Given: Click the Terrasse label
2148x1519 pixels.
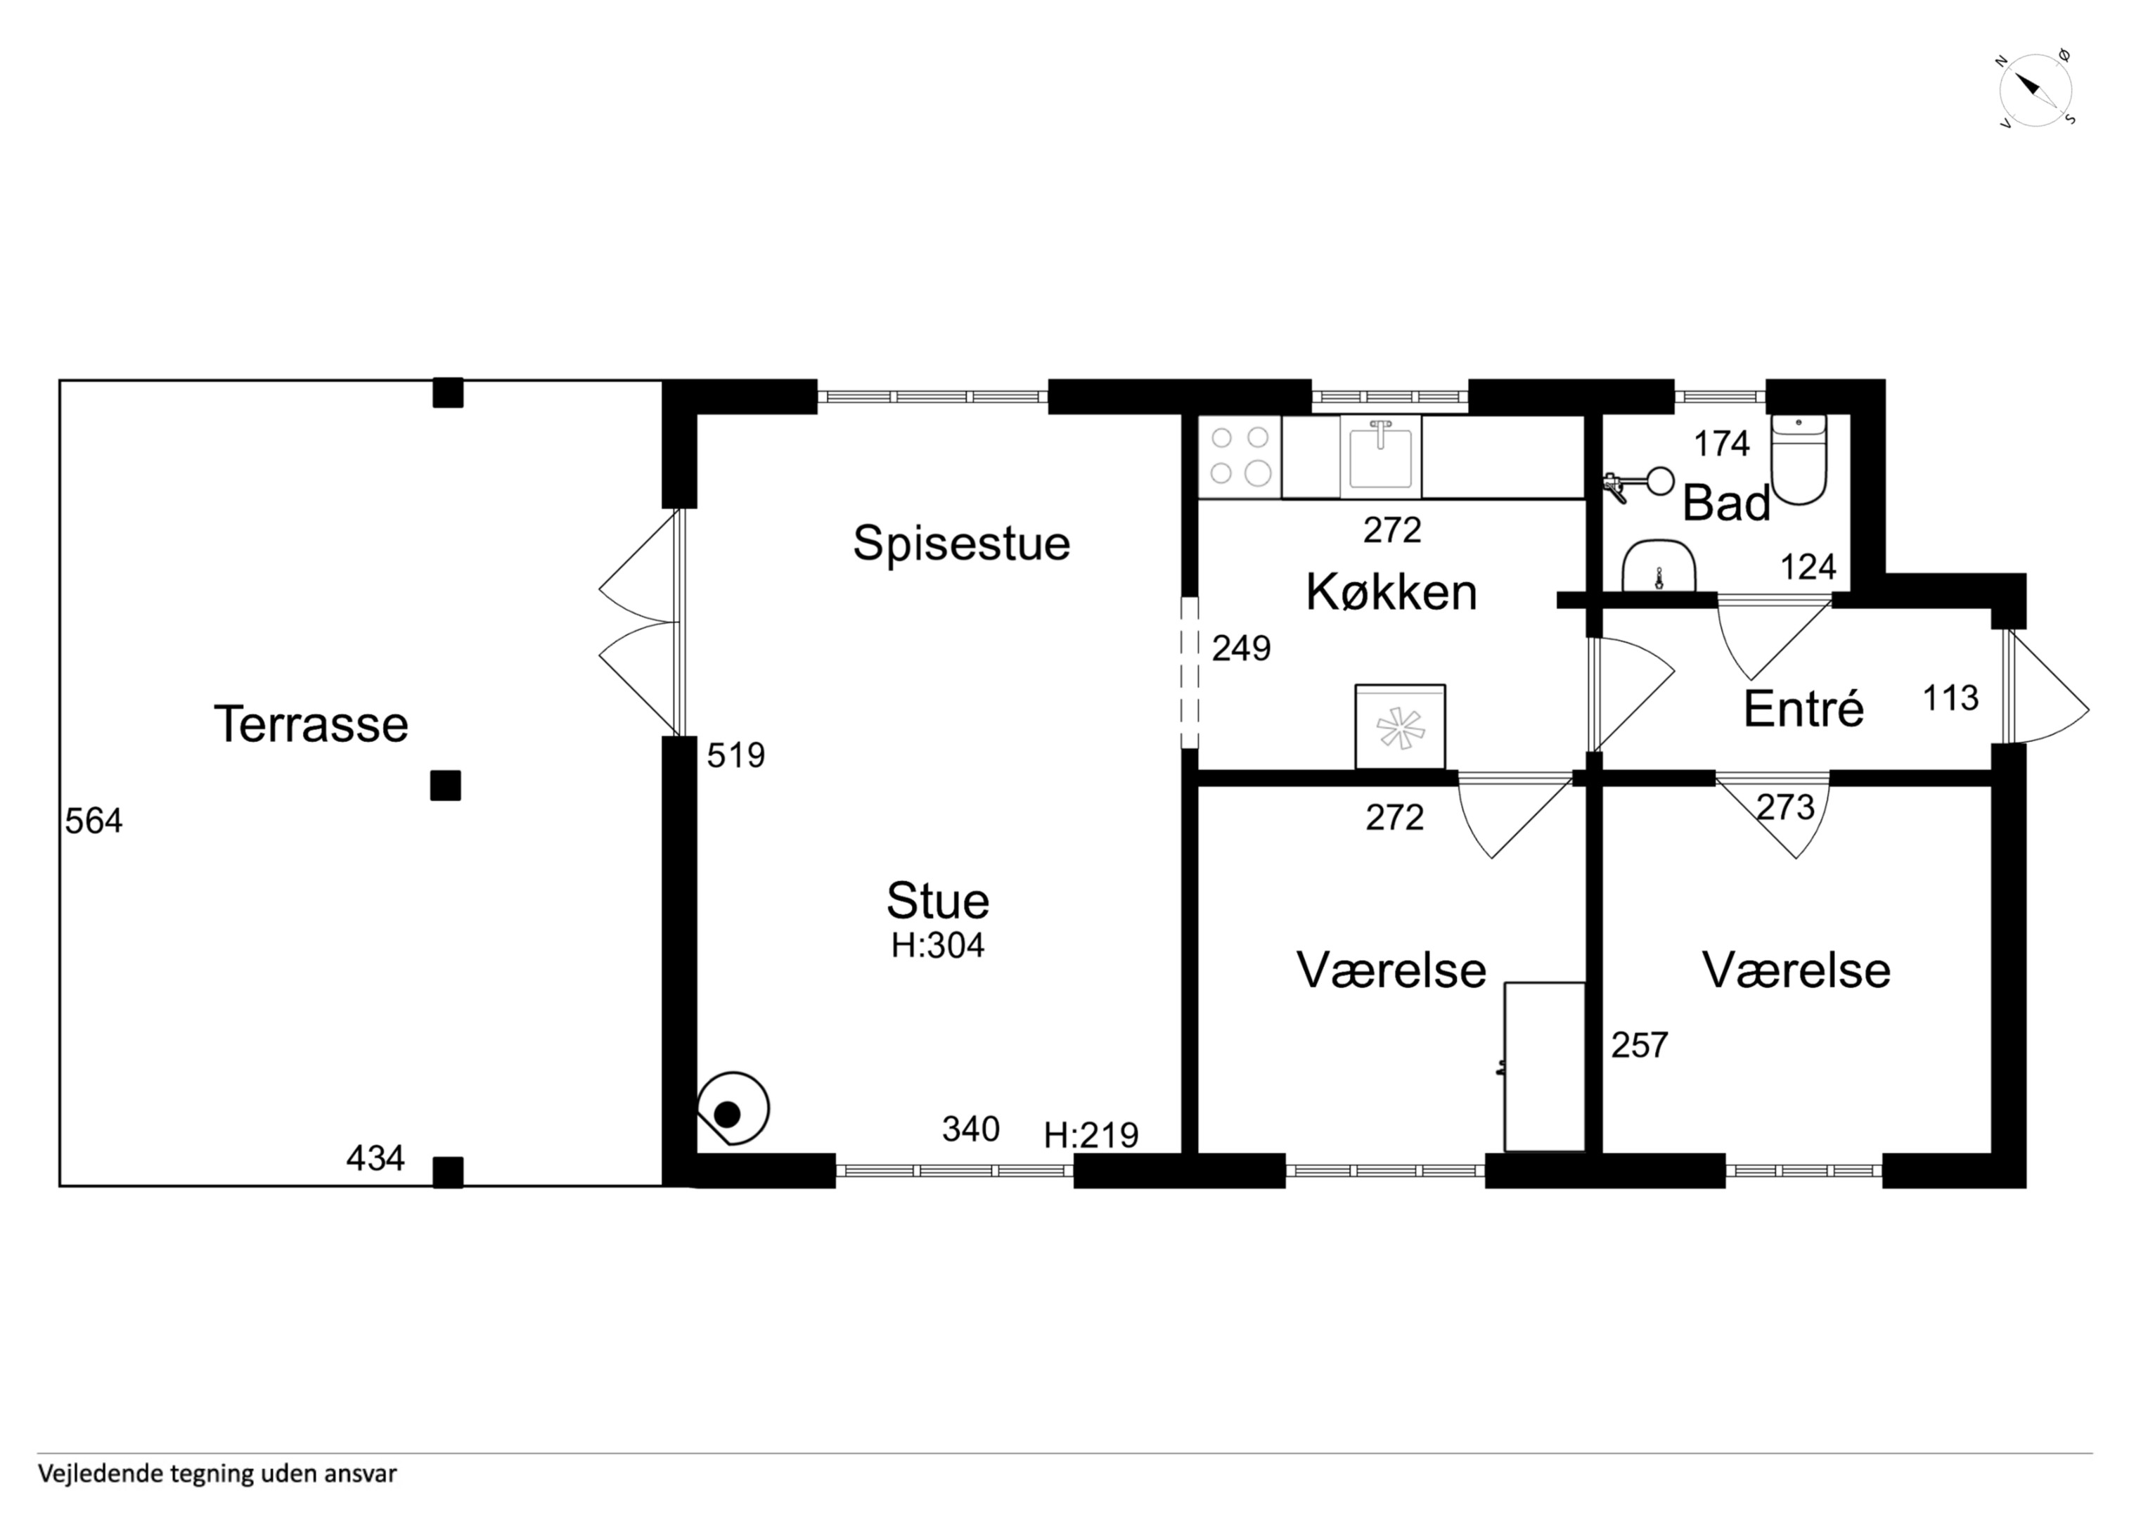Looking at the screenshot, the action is point(311,724).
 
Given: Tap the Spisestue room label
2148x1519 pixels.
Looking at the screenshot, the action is point(962,544).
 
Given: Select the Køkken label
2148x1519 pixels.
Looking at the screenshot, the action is point(1391,592).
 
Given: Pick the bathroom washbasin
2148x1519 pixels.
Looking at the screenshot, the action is point(1659,565).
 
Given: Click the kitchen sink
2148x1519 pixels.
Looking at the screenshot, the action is point(1380,456).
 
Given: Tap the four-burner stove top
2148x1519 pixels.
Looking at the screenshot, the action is point(1240,456).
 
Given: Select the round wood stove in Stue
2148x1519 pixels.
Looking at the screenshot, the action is point(732,1108).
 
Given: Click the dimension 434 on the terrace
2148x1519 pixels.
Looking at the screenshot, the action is point(375,1159).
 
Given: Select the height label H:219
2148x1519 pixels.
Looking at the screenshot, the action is point(1091,1135).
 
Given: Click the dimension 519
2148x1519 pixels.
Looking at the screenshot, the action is point(735,755).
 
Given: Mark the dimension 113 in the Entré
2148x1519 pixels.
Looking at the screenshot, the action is point(1950,698).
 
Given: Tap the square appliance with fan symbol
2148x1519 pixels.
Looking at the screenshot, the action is point(1400,727).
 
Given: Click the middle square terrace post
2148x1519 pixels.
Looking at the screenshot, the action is point(445,786).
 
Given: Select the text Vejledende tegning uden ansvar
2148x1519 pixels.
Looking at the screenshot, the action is point(217,1474).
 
